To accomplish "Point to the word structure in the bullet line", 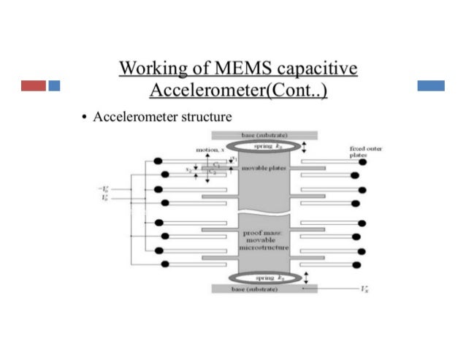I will pyautogui.click(x=207, y=117).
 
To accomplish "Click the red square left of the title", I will pyautogui.click(x=34, y=85).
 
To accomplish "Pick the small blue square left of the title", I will pyautogui.click(x=54, y=85).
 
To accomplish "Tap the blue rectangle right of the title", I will pyautogui.click(x=431, y=85).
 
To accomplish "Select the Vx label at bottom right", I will pyautogui.click(x=364, y=290).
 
